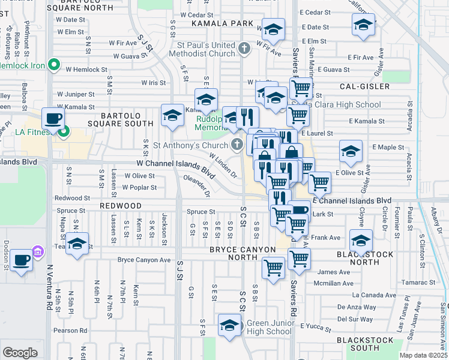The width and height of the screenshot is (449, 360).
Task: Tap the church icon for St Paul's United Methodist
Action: pyautogui.click(x=244, y=48)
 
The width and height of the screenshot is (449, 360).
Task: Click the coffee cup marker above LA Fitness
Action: pyautogui.click(x=53, y=118)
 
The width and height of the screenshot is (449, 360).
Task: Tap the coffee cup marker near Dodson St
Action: pyautogui.click(x=22, y=260)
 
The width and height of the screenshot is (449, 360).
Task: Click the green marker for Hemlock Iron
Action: pyautogui.click(x=53, y=64)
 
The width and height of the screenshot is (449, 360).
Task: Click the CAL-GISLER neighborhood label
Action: pyautogui.click(x=364, y=86)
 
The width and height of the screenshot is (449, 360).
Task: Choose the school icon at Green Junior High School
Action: pyautogui.click(x=229, y=325)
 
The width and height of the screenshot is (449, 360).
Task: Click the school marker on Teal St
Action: pyautogui.click(x=77, y=244)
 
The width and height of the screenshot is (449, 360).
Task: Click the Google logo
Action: pyautogui.click(x=20, y=352)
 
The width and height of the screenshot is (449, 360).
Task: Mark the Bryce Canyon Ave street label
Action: pyautogui.click(x=144, y=260)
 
